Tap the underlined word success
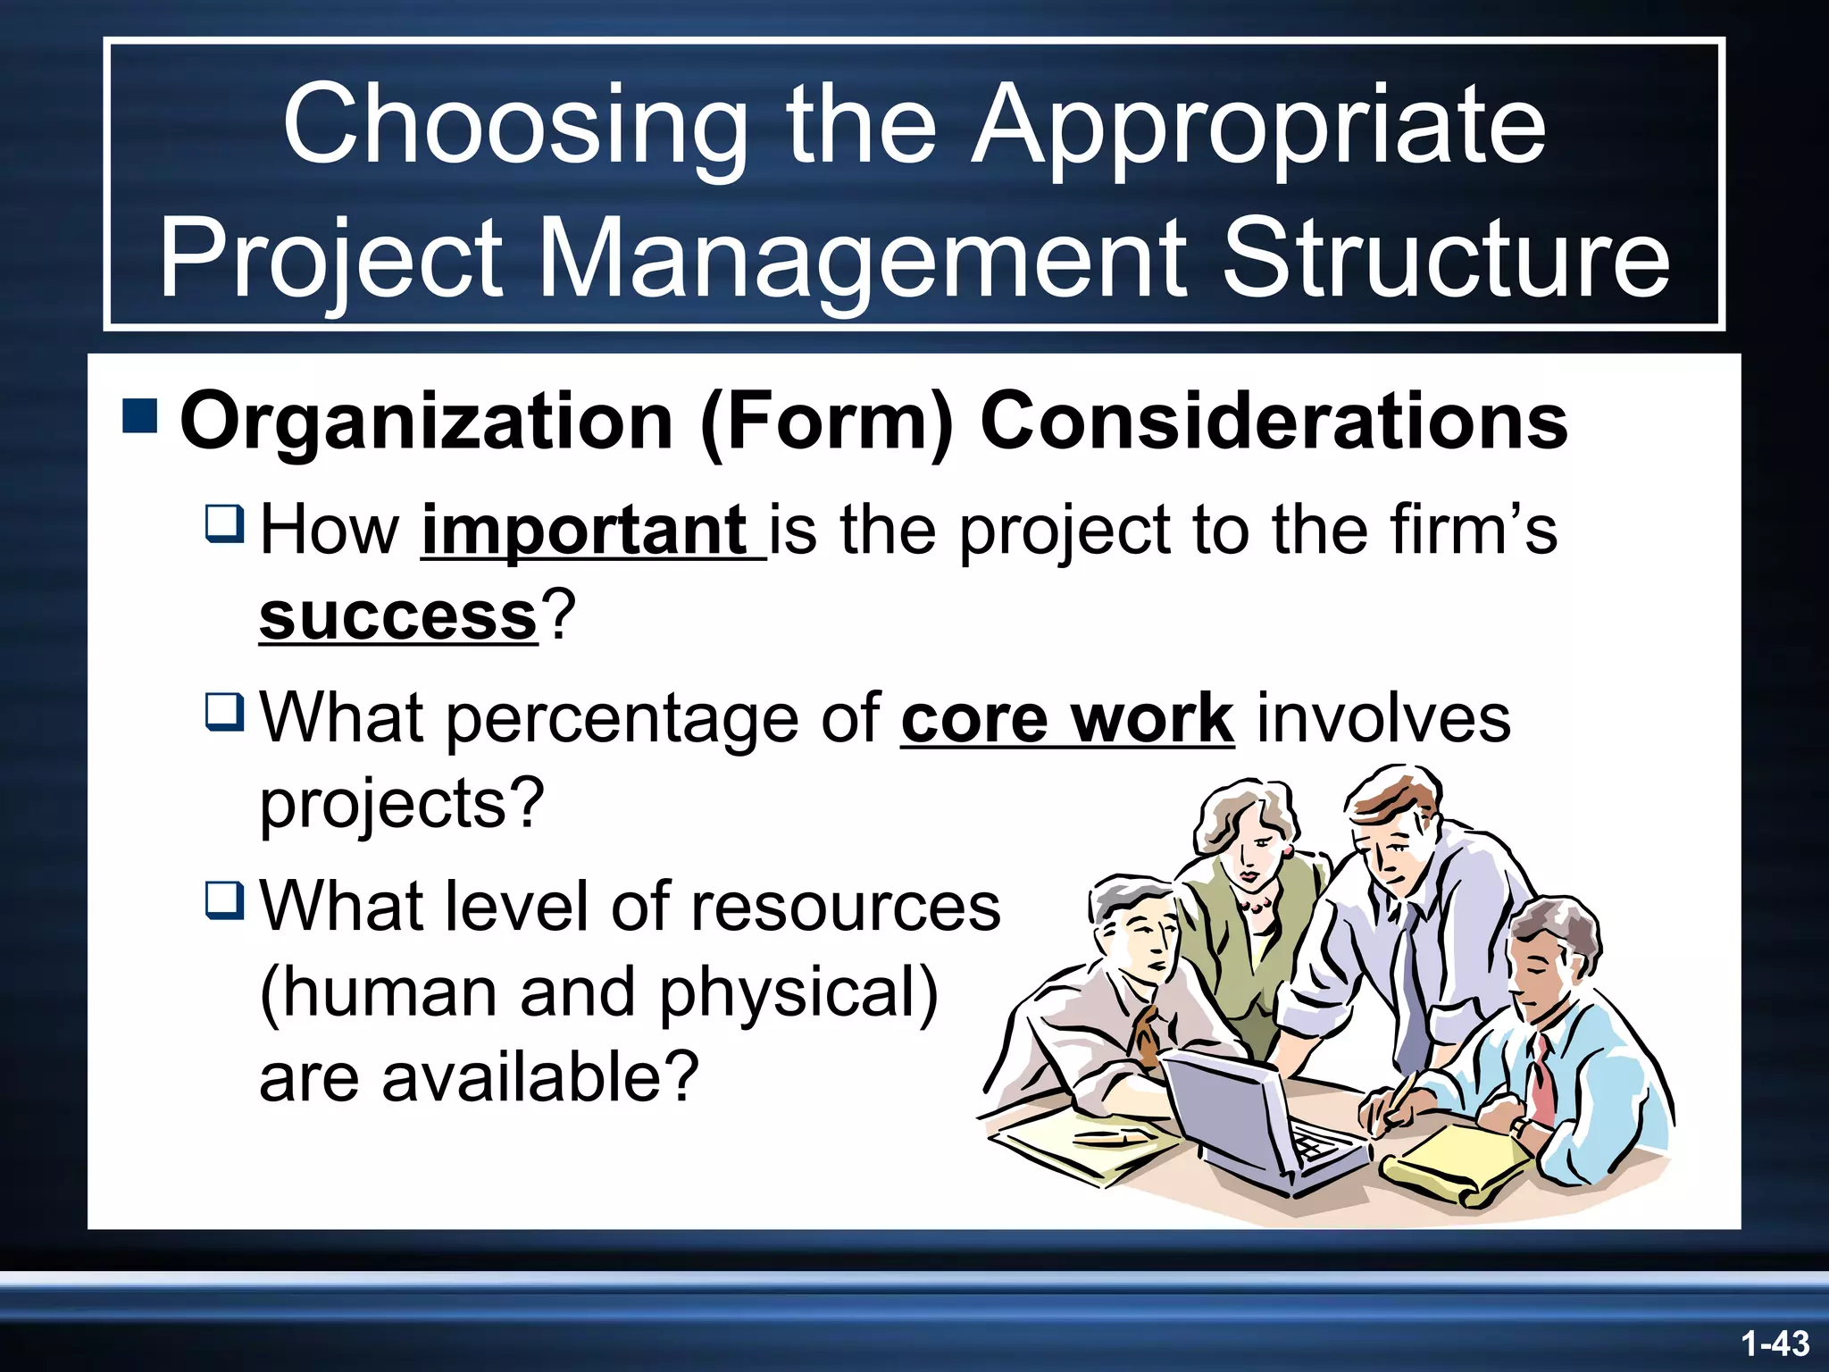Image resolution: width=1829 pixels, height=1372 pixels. (x=398, y=615)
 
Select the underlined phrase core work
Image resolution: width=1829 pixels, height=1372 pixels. (x=1067, y=718)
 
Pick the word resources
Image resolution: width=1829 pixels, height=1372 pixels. (x=845, y=907)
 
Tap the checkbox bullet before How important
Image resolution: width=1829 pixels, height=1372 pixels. (x=224, y=523)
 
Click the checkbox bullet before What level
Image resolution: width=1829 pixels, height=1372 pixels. (x=224, y=899)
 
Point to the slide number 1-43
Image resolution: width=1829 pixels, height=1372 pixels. (x=1775, y=1343)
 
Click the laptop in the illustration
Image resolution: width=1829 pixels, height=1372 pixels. (x=1250, y=1121)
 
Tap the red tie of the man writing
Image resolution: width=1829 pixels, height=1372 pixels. (x=1542, y=1081)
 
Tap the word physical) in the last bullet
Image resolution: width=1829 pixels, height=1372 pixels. (x=798, y=992)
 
